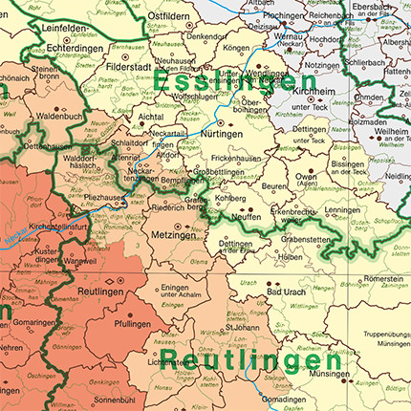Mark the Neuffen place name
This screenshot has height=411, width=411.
(248, 218)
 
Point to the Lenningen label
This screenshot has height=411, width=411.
(341, 209)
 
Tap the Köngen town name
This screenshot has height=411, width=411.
(235, 47)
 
